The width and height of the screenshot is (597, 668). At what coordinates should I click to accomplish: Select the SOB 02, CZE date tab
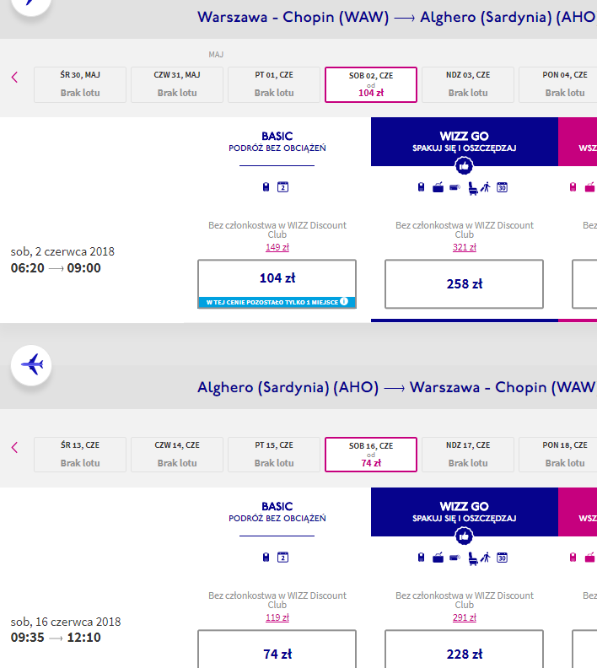pos(371,84)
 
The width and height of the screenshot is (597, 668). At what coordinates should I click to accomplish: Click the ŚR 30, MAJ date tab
pos(80,84)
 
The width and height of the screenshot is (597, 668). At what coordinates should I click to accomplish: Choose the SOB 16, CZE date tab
pos(371,455)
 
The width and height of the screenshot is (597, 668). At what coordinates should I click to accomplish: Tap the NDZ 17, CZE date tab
pos(468,455)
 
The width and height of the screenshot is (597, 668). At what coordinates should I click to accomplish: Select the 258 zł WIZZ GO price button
pos(464,283)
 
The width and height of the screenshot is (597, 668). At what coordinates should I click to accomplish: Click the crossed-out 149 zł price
pos(277,247)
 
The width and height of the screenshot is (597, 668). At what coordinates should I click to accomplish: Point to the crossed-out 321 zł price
pos(465,247)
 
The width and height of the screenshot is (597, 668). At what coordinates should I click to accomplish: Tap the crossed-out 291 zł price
pos(465,617)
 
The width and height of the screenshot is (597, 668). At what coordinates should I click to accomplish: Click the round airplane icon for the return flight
pos(31,365)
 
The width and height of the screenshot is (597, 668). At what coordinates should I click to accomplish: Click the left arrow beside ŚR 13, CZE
pos(14,447)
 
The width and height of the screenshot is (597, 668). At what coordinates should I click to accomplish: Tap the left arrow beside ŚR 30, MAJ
pos(14,77)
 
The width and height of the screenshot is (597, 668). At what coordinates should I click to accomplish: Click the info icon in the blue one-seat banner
pos(344,301)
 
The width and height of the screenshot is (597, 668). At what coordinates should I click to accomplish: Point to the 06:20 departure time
pos(27,268)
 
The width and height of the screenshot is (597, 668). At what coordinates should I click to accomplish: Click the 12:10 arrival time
pos(83,638)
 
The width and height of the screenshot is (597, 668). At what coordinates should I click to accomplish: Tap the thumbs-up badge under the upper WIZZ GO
pos(464,165)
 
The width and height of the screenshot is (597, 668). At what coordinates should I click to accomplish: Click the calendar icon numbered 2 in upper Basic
pos(282,187)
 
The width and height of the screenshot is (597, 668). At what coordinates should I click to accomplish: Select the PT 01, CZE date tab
pos(274,84)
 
